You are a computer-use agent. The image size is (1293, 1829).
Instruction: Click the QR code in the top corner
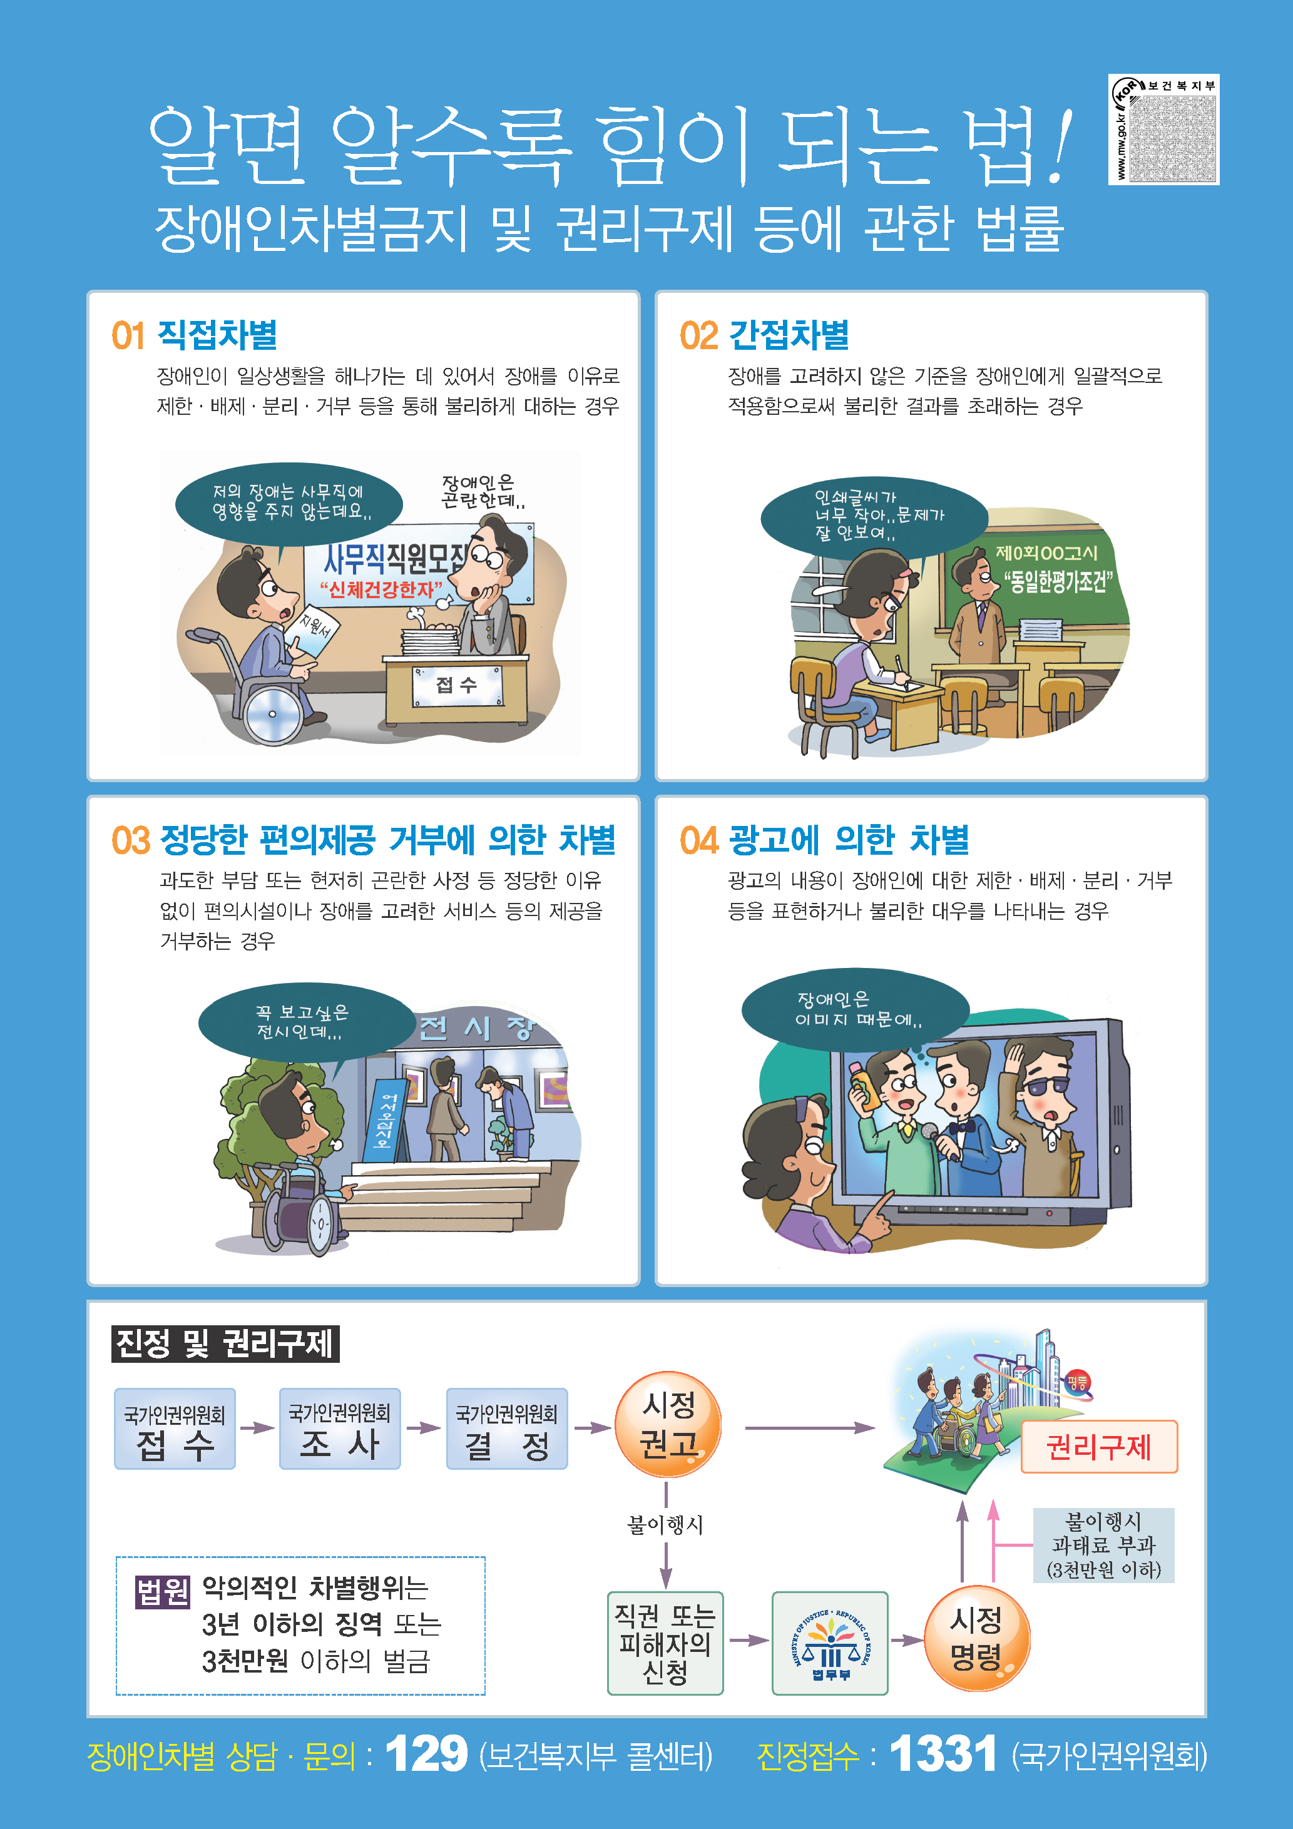tap(1173, 135)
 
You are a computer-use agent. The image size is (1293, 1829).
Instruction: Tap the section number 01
tap(128, 335)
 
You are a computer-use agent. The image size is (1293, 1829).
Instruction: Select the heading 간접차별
tap(789, 335)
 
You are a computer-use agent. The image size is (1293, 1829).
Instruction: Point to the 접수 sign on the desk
tap(456, 685)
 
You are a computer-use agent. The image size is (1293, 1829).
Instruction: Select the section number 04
tap(698, 840)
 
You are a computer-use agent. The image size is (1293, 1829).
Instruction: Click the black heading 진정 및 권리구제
tap(225, 1344)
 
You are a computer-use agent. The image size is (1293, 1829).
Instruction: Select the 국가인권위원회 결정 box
tap(507, 1429)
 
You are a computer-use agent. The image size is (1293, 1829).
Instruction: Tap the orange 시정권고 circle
tap(668, 1425)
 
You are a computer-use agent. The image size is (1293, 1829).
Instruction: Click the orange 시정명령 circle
tap(977, 1639)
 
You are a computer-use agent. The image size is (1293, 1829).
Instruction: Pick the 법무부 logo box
tap(830, 1643)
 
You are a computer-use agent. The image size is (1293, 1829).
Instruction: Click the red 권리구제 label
tap(1098, 1447)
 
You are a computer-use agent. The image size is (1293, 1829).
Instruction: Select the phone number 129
tap(427, 1754)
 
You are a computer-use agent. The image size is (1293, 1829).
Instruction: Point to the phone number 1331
tap(943, 1754)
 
